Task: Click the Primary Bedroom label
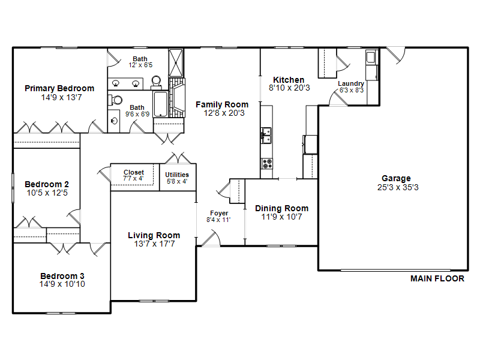pyautogui.click(x=59, y=88)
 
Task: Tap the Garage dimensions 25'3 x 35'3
pyautogui.click(x=398, y=187)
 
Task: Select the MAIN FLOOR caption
pyautogui.click(x=437, y=278)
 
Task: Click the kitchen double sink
pyautogui.click(x=266, y=136)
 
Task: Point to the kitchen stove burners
pyautogui.click(x=266, y=163)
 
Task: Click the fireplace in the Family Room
pyautogui.click(x=177, y=98)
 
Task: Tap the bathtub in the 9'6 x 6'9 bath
pyautogui.click(x=161, y=104)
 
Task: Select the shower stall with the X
pyautogui.click(x=176, y=63)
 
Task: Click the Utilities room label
pyautogui.click(x=177, y=175)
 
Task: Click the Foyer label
pyautogui.click(x=219, y=213)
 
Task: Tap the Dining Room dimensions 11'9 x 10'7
pyautogui.click(x=281, y=217)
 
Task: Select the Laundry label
pyautogui.click(x=351, y=83)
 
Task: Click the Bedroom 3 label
pyautogui.click(x=62, y=276)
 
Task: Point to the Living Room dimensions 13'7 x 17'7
pyautogui.click(x=154, y=244)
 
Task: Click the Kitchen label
pyautogui.click(x=289, y=80)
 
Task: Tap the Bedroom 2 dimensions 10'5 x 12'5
pyautogui.click(x=47, y=193)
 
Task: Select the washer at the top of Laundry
pyautogui.click(x=371, y=57)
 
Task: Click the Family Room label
pyautogui.click(x=222, y=104)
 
